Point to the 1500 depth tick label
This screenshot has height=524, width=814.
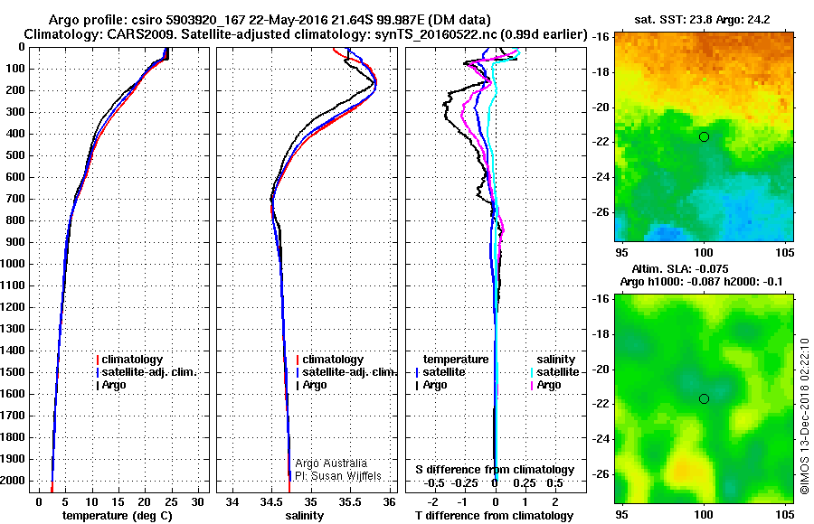(14, 372)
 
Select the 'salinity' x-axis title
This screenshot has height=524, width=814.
(304, 516)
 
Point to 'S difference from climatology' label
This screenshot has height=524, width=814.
(495, 470)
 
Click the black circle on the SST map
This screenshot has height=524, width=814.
(704, 136)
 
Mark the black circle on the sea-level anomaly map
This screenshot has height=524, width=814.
(704, 398)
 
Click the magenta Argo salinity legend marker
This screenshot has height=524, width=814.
(531, 385)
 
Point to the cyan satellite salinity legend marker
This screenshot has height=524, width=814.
(531, 372)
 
